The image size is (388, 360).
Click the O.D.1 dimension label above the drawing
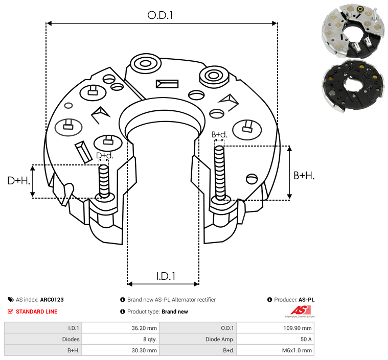coord(160,15)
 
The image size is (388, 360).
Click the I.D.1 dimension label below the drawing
coord(166,276)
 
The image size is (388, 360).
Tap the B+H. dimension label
coord(304,176)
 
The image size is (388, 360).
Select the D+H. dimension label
coord(19,181)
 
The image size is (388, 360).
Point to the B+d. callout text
coord(219,134)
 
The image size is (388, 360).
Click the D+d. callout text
coord(105,156)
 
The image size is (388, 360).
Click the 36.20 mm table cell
coord(144,328)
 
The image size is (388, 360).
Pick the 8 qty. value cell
coord(150,339)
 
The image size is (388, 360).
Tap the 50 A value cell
coord(306,339)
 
